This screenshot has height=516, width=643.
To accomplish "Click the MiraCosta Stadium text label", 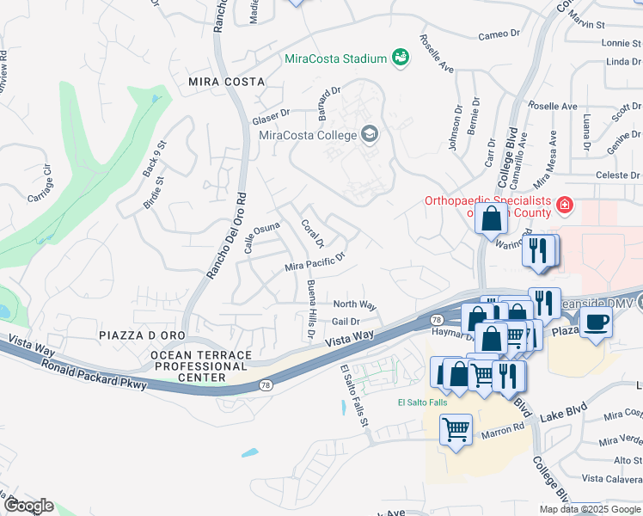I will pos(334,59).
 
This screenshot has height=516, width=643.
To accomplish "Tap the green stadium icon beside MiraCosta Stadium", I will pos(400,58).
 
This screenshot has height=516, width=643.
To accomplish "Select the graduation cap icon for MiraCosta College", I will pos(369,134).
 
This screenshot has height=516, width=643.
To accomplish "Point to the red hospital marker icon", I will pos(564,205).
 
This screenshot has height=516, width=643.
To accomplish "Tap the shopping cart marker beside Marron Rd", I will pos(456,428).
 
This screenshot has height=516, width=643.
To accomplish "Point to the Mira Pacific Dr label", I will pos(315,261).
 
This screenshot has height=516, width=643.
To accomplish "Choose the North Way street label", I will pos(354,304).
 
